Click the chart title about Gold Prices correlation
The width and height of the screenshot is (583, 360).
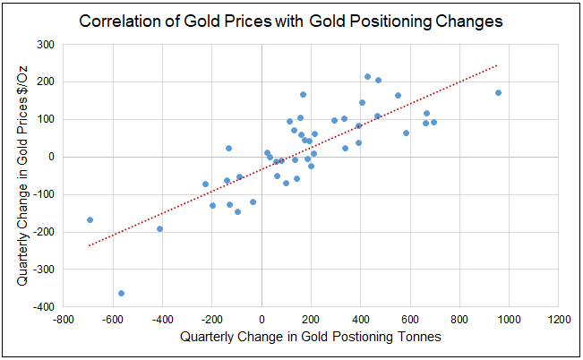pyautogui.click(x=291, y=20)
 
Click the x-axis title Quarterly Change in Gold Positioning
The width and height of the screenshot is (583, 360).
pyautogui.click(x=311, y=337)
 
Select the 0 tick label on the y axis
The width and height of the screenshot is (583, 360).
pyautogui.click(x=51, y=157)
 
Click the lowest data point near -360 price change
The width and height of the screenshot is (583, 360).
pyautogui.click(x=121, y=293)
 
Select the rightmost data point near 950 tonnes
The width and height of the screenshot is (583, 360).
pyautogui.click(x=498, y=92)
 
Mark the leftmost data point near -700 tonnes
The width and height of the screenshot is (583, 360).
pyautogui.click(x=90, y=219)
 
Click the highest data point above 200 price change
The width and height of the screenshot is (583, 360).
pyautogui.click(x=367, y=76)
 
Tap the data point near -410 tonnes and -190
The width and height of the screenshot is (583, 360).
pyautogui.click(x=159, y=228)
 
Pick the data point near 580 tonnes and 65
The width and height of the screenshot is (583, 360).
pyautogui.click(x=406, y=133)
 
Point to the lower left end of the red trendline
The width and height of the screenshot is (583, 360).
pyautogui.click(x=89, y=245)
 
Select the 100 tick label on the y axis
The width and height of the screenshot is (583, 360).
pyautogui.click(x=46, y=119)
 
